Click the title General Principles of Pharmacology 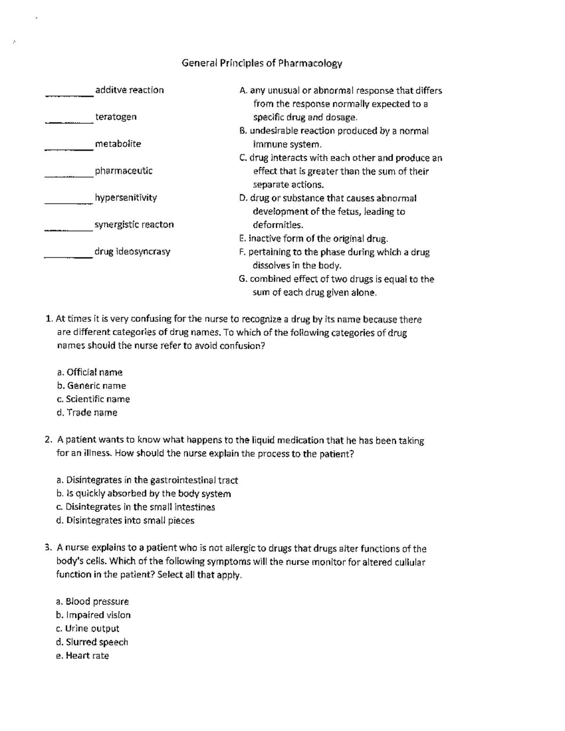pos(262,63)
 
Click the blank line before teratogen pos(69,121)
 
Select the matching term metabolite pos(118,144)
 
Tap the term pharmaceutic pos(123,171)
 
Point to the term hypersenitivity pos(126,198)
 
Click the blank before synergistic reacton pos(68,229)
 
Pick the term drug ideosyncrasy pos(132,251)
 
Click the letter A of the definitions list pos(242,90)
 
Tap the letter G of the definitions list pos(242,279)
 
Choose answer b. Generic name pos(91,386)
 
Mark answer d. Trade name pos(87,413)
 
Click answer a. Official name pos(89,372)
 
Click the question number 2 pos(48,440)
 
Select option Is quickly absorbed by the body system pos(144,494)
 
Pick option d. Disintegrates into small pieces pos(125,521)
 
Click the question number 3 pos(48,548)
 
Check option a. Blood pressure pos(92,602)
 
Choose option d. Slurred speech pos(92,642)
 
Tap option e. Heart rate pos(83,656)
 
